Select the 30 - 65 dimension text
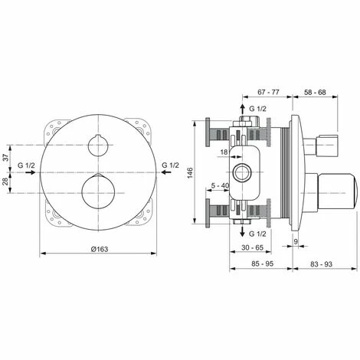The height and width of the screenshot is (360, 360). [x=247, y=249]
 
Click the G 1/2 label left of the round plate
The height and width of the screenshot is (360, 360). [x=25, y=166]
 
